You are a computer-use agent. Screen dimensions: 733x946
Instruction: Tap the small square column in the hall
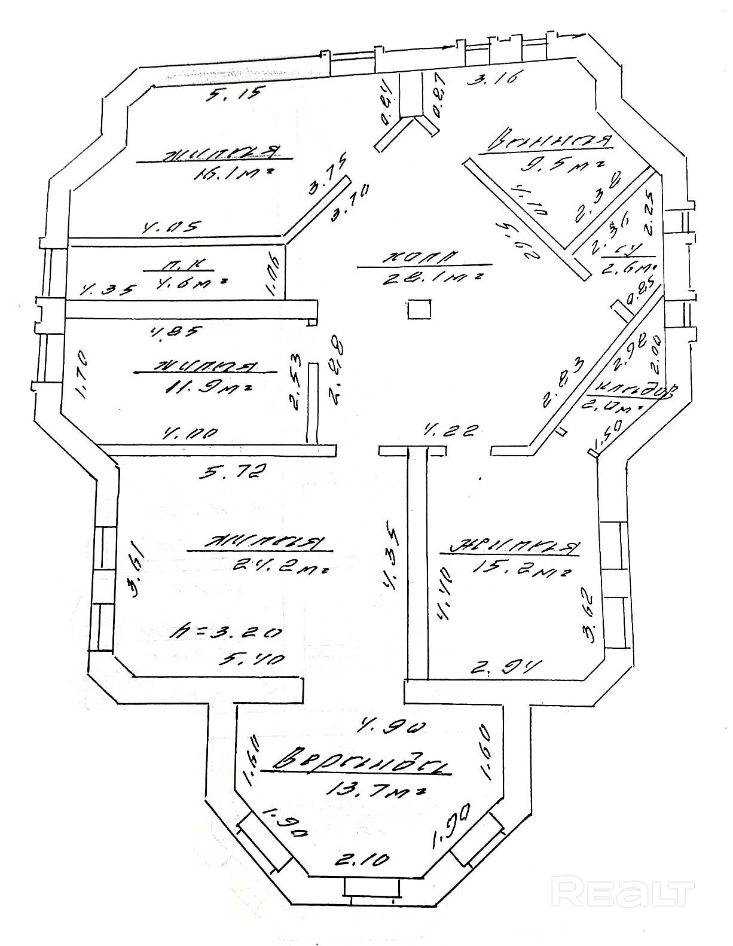coord(419,309)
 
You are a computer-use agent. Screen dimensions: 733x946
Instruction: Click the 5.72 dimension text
coord(230,472)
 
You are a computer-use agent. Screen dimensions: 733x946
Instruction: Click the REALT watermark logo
coord(625,893)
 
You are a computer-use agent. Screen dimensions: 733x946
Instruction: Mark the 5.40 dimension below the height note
coord(251,658)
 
